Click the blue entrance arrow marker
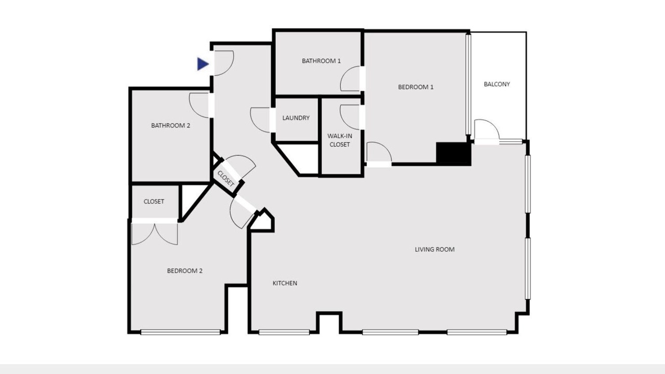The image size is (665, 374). coord(203,64)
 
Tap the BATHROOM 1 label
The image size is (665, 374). coord(321,61)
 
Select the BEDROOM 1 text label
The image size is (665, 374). coord(416,87)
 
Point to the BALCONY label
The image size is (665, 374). coord(497,84)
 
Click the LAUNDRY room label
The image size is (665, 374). coord(296,118)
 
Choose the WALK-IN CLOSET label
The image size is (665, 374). coord(340,140)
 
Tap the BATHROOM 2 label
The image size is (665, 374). coord(170,126)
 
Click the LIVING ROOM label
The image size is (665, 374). coord(435,249)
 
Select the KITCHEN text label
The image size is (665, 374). coord(285,283)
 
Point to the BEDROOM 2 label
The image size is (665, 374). coord(184,271)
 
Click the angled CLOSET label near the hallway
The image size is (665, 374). coord(226,179)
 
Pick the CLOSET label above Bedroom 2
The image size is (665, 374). coord(154,202)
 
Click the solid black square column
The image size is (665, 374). coord(454,154)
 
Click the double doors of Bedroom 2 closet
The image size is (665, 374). coord(154,234)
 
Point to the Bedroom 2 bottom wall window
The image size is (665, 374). coord(180,332)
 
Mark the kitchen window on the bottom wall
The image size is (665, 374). coord(284,332)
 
